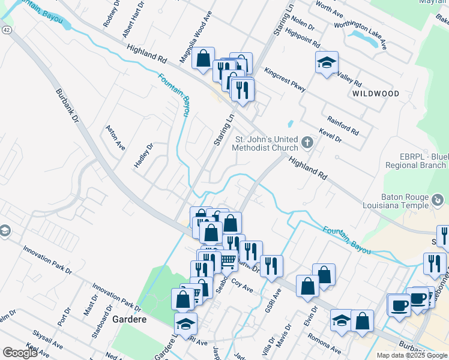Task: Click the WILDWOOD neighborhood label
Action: point(376,94)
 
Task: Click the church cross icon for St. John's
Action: point(307,142)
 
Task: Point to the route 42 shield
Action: point(6,29)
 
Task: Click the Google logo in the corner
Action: point(20,353)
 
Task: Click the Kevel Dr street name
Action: point(330,135)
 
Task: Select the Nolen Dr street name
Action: point(303,24)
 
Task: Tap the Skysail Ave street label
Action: point(48,343)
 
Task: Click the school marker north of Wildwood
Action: point(327,62)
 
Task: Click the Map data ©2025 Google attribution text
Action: point(412,355)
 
